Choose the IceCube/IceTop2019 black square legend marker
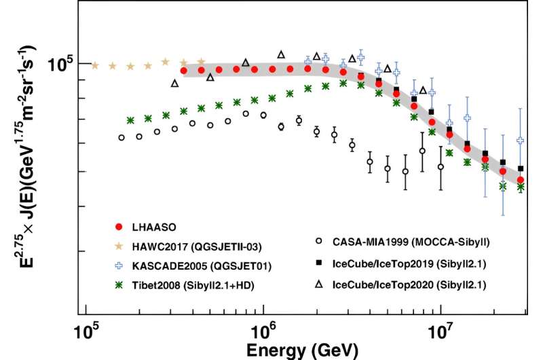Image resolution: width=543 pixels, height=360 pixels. point(337,260)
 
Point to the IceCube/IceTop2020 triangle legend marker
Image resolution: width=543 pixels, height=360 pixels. point(337,278)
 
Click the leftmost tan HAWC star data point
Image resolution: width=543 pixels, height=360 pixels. point(95,66)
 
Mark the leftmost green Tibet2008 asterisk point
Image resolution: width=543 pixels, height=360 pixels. point(130,120)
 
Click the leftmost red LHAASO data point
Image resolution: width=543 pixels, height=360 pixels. point(183,71)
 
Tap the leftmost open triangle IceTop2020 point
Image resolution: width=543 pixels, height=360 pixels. point(175,84)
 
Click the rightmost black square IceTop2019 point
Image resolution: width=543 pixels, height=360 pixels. point(521,168)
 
